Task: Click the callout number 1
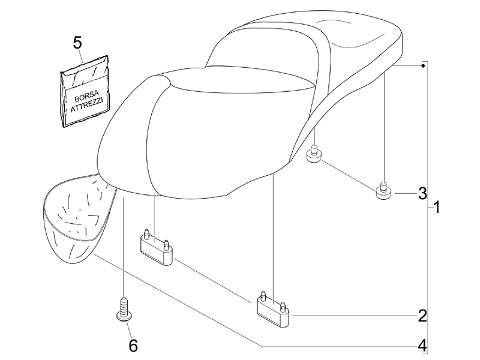click(437, 207)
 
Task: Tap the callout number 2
click(422, 316)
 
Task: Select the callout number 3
click(422, 193)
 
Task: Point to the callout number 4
click(422, 346)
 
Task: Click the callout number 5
click(77, 43)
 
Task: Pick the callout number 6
click(133, 346)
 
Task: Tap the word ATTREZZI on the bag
click(87, 105)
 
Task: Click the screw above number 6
click(124, 309)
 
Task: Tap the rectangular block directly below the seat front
click(157, 247)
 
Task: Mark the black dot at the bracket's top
click(423, 65)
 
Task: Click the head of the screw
click(124, 317)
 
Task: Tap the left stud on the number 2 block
click(263, 295)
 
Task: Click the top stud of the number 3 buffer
click(383, 185)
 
